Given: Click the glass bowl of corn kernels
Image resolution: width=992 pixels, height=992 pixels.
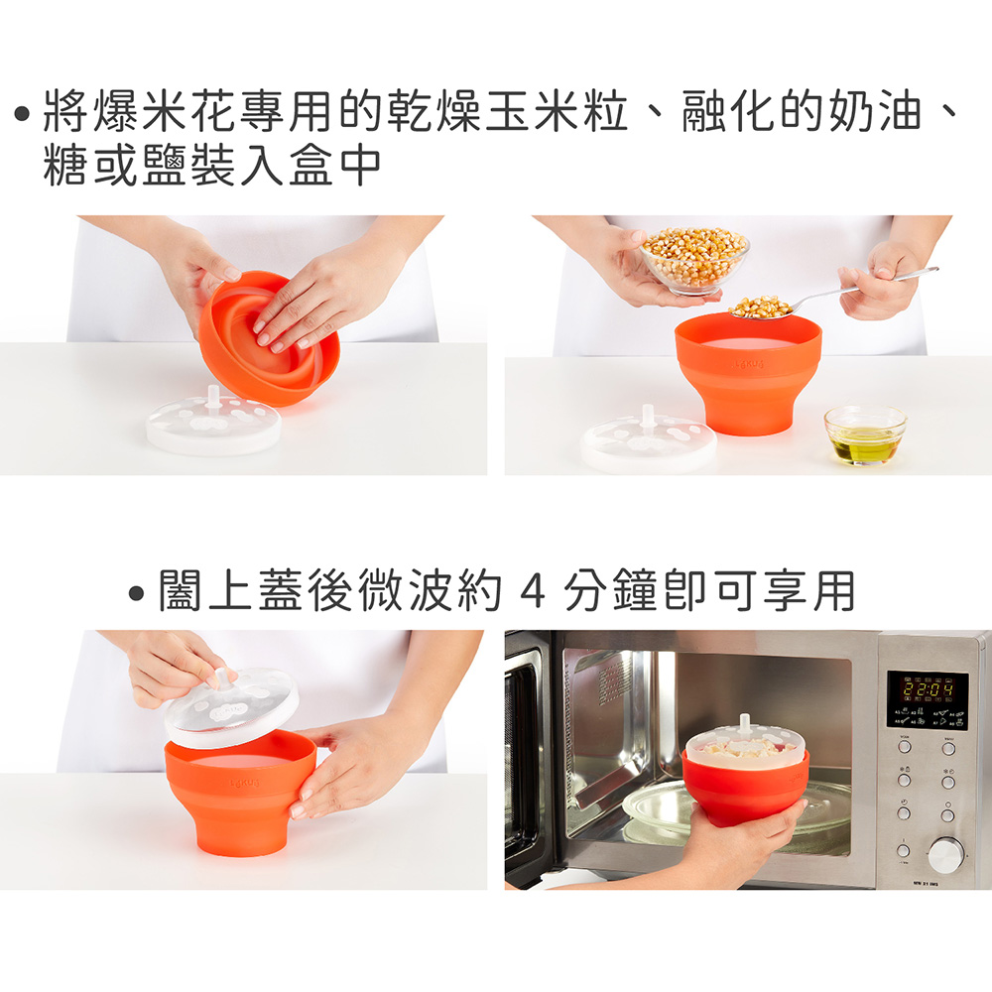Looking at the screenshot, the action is point(694,260).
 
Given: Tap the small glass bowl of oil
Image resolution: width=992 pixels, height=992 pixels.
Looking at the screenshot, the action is point(864,435).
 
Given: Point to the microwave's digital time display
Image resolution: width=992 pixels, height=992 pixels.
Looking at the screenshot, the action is point(929,689).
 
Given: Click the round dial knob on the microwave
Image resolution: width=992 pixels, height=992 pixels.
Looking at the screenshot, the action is point(945,855).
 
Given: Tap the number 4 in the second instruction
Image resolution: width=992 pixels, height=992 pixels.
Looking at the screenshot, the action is point(532,591).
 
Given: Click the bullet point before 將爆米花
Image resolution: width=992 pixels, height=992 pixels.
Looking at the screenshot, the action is point(22,114).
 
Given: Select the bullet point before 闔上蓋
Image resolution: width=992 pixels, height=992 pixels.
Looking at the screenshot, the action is point(136,593).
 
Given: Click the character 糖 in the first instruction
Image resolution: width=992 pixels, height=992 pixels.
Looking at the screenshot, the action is point(65,167).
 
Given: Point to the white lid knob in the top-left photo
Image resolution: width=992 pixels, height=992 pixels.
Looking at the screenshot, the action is point(214,397).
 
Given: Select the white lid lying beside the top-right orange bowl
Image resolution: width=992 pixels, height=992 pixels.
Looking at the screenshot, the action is point(648,439).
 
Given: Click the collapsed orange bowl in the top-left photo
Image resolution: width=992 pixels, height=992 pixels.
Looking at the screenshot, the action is point(268,338).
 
